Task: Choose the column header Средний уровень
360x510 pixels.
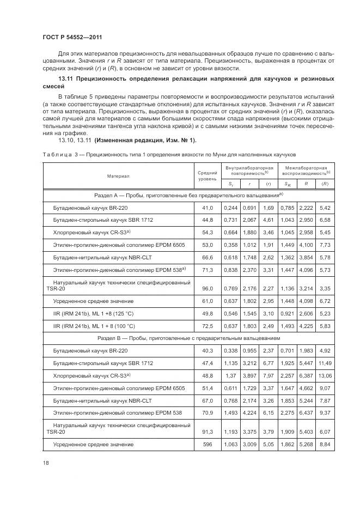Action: click(207, 176)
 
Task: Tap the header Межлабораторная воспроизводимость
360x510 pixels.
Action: click(305, 171)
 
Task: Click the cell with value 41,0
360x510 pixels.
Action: click(207, 208)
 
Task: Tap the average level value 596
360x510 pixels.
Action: click(207, 445)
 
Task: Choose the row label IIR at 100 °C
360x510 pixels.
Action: click(94, 326)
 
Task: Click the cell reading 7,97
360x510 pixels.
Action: click(268, 375)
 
